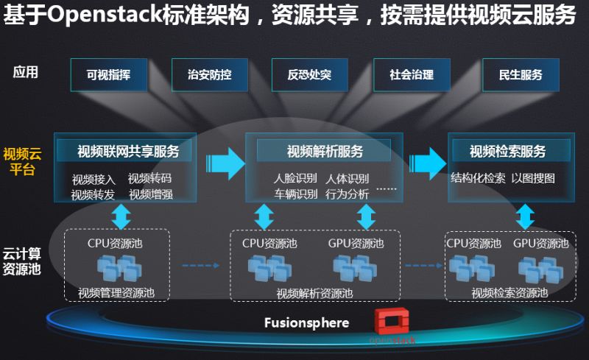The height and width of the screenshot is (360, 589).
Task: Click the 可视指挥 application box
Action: tap(107, 75)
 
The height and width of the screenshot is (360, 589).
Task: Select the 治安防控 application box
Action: tap(209, 75)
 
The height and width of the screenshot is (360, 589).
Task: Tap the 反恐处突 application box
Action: tap(310, 75)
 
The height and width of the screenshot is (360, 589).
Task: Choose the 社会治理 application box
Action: tap(412, 75)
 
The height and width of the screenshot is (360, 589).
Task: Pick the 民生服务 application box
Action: tap(520, 75)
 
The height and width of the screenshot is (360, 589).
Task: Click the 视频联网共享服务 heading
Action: tap(128, 152)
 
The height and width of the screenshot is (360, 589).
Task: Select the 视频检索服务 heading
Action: tap(507, 152)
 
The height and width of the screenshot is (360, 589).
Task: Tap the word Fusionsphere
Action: tap(306, 322)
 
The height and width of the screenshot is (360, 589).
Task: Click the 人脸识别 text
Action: tap(295, 179)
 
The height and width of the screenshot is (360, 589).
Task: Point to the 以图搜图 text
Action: tap(533, 178)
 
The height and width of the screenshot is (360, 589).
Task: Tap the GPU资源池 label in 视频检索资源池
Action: tap(540, 243)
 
